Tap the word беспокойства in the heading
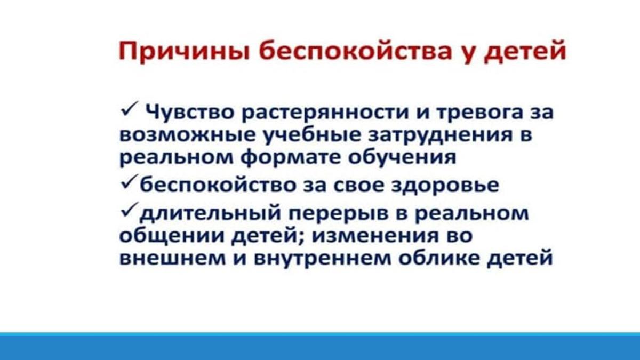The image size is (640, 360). [355, 51]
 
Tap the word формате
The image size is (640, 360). [291, 157]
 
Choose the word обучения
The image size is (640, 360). [402, 157]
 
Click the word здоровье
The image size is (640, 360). [445, 186]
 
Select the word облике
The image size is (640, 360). [439, 258]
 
